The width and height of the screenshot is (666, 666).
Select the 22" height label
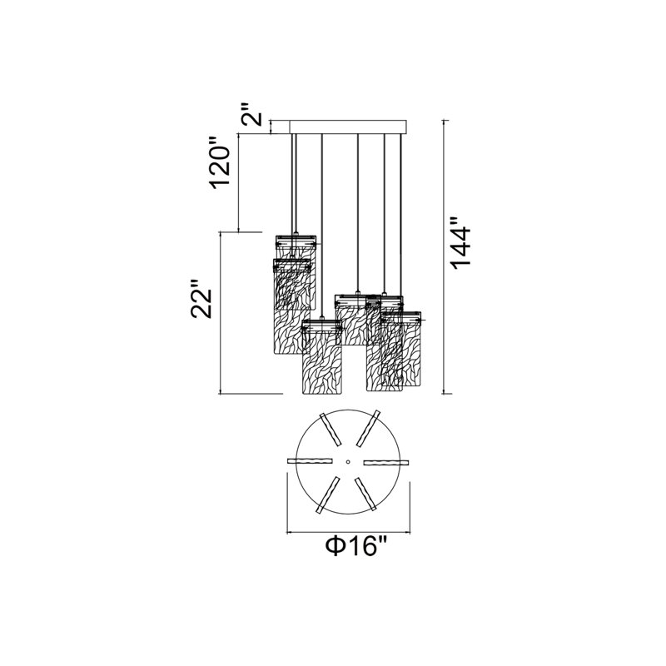201,299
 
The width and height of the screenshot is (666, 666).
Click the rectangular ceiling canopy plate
348,127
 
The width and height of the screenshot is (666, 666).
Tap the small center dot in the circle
348,462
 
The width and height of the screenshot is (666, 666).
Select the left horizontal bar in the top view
310,461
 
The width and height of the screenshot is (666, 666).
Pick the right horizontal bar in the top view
385,462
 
